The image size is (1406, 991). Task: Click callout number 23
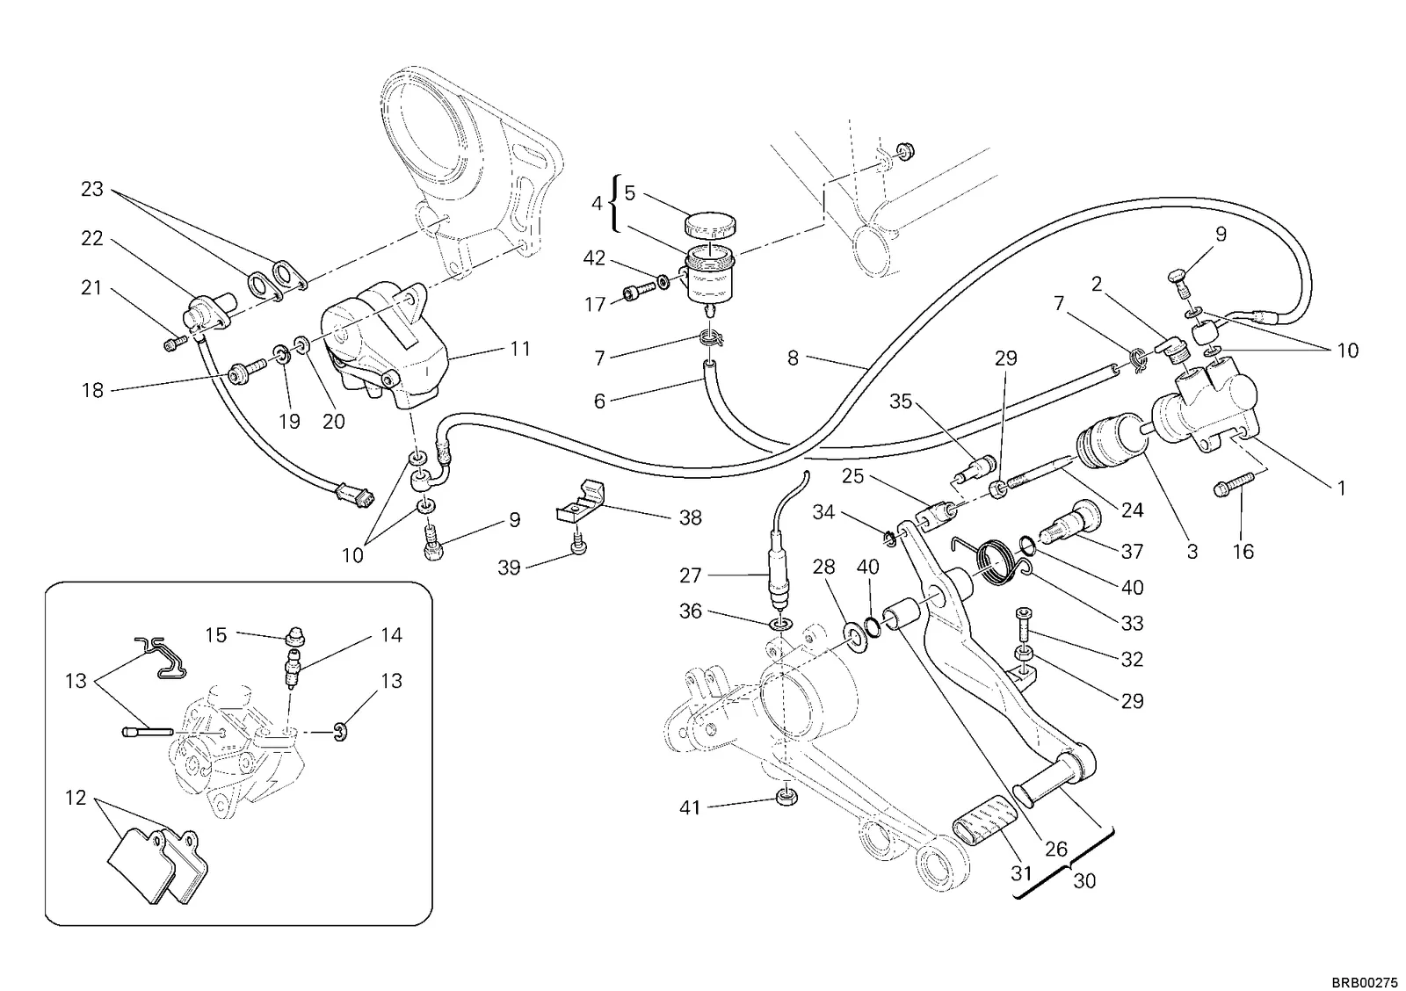click(91, 189)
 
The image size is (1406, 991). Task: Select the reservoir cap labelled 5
click(709, 224)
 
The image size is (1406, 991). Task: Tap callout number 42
click(594, 258)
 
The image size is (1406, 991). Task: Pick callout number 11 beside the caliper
click(520, 348)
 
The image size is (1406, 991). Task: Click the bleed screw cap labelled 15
click(295, 638)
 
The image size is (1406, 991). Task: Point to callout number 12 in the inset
click(76, 798)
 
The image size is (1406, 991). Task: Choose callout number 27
click(690, 575)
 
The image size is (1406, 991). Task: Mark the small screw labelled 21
click(175, 344)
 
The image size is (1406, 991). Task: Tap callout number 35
click(900, 401)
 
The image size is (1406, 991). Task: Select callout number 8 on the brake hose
click(793, 358)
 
